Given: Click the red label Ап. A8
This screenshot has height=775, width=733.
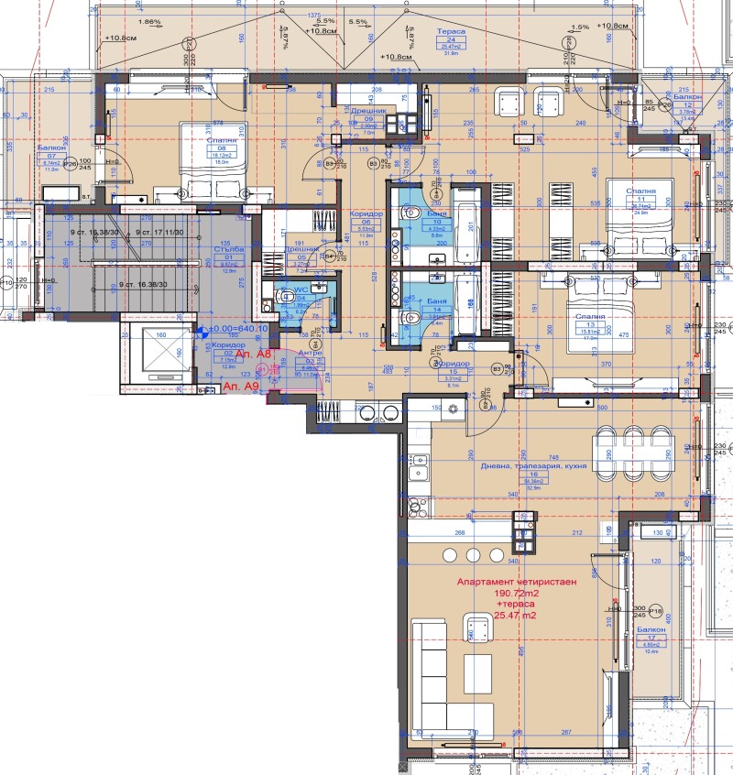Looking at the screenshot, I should point(252,354).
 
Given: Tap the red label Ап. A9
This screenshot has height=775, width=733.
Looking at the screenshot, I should point(241,388).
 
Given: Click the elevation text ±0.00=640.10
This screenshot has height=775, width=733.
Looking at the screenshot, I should point(237,329).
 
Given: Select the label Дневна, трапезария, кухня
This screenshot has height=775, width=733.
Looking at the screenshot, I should point(533,465).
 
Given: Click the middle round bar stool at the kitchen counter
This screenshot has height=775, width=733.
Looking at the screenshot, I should point(473,555).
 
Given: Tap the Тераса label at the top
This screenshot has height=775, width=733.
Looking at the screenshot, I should point(455,30).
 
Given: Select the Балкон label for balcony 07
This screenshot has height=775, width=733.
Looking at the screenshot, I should point(50,146).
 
